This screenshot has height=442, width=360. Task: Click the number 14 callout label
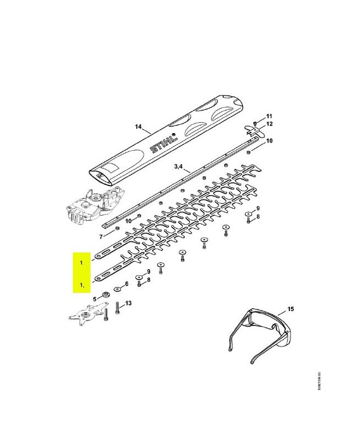[x=138, y=127]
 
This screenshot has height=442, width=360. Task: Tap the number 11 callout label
[x=269, y=116]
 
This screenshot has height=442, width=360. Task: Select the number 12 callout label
[x=269, y=124]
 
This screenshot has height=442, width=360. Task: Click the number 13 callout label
[x=129, y=303]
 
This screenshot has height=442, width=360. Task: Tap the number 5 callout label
[x=94, y=298]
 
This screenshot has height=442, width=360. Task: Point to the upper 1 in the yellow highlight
[x=81, y=263]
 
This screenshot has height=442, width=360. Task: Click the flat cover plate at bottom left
[x=86, y=318]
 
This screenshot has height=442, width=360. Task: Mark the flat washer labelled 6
[x=118, y=290]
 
